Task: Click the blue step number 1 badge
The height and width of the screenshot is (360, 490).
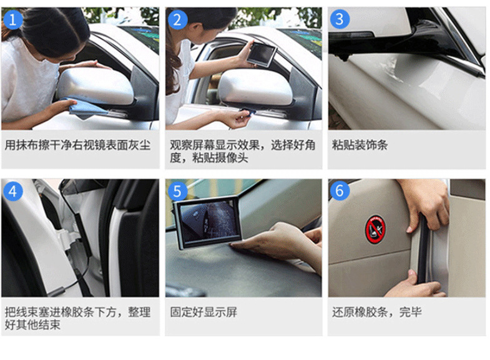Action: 13,19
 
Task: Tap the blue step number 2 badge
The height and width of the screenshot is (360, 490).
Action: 177,19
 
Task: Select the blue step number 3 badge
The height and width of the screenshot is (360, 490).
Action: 340,19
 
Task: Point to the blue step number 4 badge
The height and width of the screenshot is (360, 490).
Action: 13,191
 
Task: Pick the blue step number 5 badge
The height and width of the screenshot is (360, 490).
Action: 177,191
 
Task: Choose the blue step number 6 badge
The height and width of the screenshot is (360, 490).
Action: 340,190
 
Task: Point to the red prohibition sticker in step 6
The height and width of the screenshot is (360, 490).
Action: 375,229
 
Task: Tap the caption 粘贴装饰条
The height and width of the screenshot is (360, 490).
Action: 360,145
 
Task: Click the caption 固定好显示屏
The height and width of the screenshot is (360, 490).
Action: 203,312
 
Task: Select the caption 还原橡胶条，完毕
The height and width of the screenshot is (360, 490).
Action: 377,312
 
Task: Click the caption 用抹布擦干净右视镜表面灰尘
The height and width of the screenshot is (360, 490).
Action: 77,145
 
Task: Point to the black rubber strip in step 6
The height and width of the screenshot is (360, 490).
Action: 423,250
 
